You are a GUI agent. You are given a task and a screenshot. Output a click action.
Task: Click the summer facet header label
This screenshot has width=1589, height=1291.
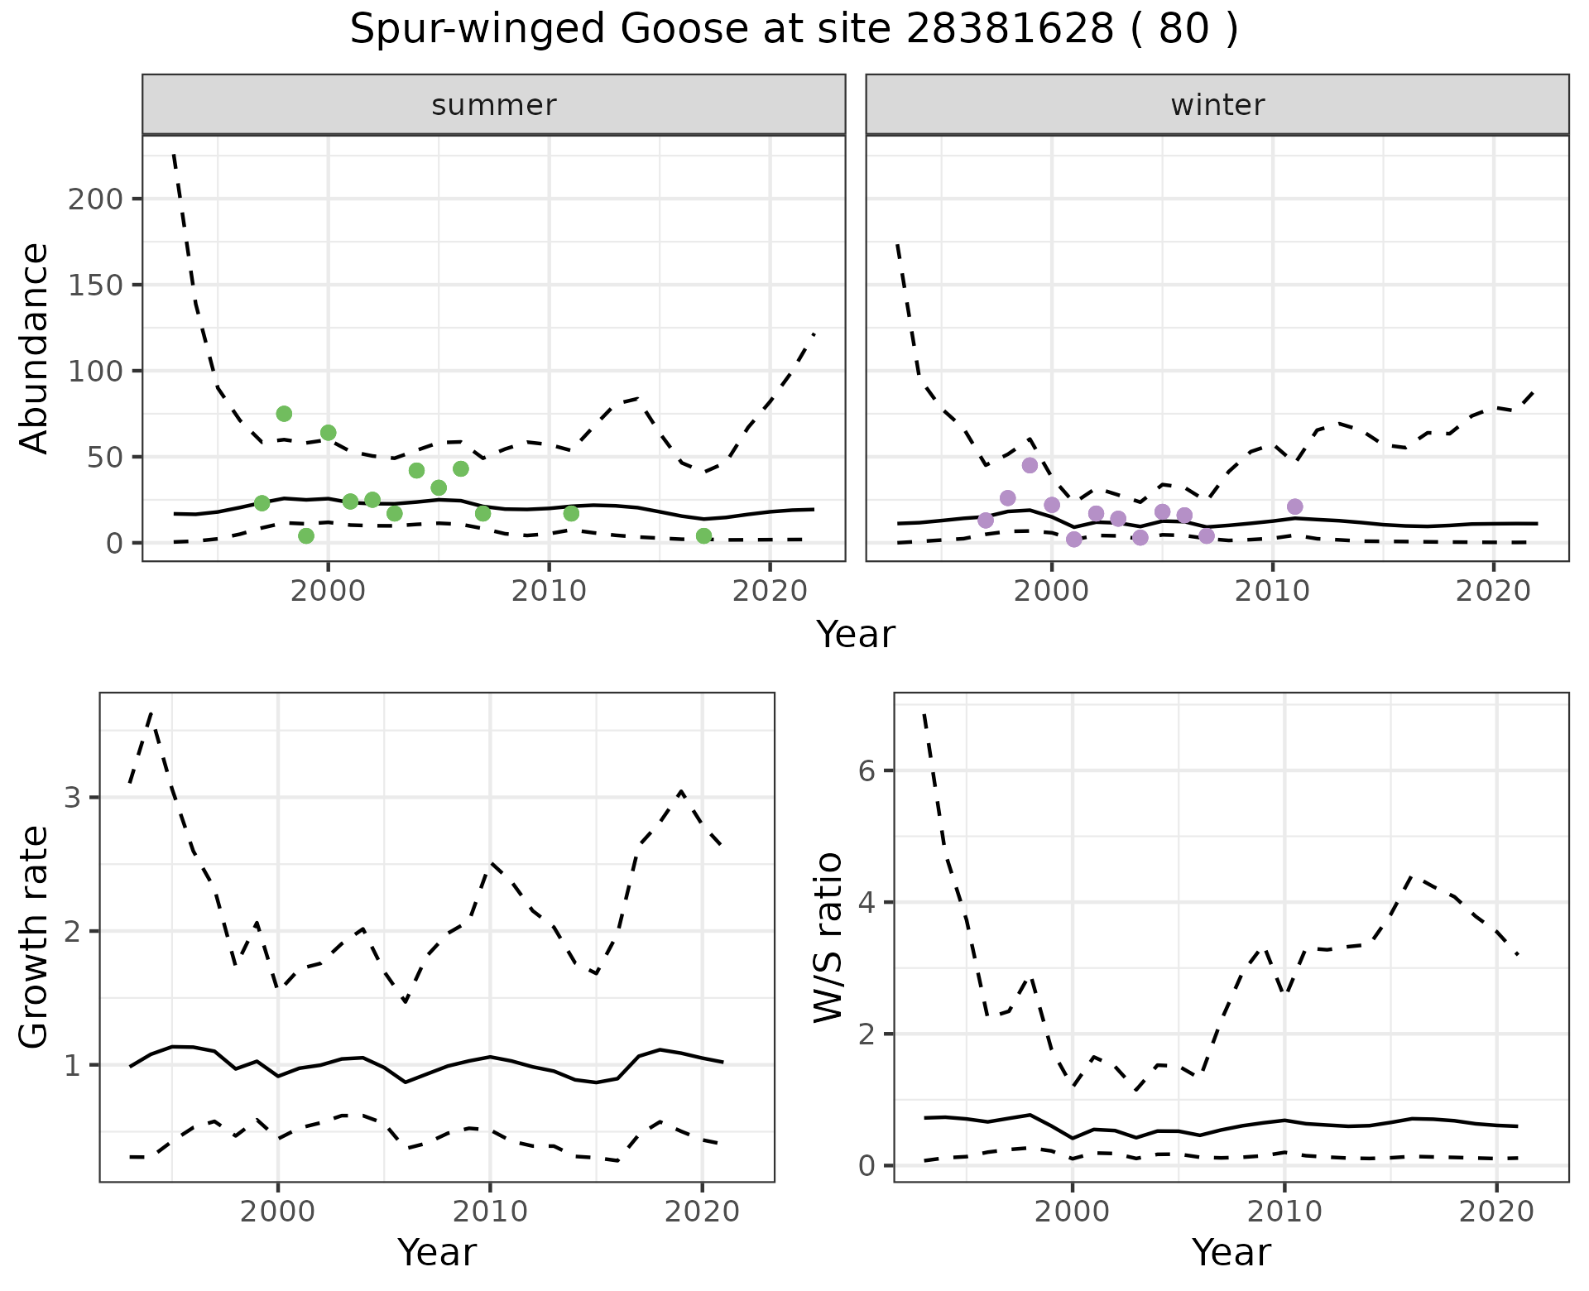tap(493, 105)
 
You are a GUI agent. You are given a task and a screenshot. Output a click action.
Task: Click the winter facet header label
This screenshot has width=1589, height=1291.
tap(1217, 105)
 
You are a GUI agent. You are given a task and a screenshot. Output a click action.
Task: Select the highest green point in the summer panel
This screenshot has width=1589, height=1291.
tap(284, 414)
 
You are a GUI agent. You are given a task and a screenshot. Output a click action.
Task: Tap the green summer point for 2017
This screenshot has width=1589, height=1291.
tap(703, 536)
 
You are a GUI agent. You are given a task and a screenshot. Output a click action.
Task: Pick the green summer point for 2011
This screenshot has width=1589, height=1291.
tap(571, 514)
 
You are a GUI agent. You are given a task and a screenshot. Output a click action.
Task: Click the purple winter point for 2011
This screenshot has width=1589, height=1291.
tap(1295, 506)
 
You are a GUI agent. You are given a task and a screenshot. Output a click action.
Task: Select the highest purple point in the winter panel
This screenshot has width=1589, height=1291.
tap(1030, 465)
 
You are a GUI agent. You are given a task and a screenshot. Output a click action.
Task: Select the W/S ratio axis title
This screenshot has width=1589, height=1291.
tap(828, 937)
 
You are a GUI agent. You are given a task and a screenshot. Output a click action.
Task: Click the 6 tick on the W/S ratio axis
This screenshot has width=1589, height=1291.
tap(866, 771)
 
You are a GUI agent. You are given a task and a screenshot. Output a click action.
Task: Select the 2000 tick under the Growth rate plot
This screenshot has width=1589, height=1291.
tap(278, 1212)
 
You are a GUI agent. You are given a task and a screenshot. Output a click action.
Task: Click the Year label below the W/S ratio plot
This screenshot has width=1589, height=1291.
tap(1231, 1253)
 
